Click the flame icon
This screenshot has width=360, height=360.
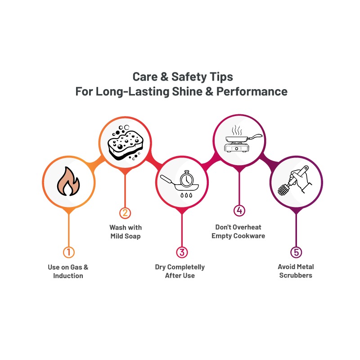[68, 181]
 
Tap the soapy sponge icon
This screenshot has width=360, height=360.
[126, 143]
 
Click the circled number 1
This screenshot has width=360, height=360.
[69, 252]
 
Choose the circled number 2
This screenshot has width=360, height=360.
[125, 213]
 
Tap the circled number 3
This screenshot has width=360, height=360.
[182, 252]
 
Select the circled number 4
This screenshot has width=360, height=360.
[239, 210]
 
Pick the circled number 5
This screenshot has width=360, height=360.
[296, 252]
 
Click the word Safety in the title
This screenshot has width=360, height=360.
[189, 77]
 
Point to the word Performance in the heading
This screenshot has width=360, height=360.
[252, 91]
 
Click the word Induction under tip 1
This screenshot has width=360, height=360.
[68, 275]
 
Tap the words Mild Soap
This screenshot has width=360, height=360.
[126, 236]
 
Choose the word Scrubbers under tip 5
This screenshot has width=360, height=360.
[296, 275]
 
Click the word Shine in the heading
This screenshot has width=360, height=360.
[187, 91]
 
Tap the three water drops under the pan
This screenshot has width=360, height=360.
[186, 195]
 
